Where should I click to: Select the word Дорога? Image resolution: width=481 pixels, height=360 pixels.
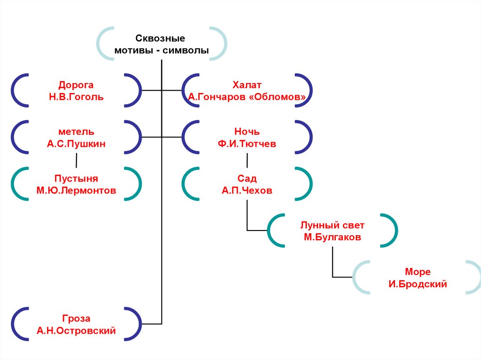pos(76,85)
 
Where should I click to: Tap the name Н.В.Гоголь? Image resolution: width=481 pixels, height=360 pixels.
pos(76,97)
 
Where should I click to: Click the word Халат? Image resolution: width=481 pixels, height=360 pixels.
pos(247,85)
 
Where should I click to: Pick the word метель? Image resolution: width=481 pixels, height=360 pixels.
pos(76,132)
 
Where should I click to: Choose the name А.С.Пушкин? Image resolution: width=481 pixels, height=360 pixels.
pos(76,144)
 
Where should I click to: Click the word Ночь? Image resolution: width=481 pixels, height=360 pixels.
pos(247,132)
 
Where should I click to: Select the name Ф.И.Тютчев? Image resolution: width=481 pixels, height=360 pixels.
pos(247,144)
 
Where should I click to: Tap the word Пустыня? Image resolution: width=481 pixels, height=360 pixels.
pos(76,179)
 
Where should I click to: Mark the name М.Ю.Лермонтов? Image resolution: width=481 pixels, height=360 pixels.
pos(76,191)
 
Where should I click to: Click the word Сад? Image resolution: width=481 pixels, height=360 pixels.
pos(247,179)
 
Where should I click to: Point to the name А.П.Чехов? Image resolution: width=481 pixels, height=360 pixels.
pos(247,191)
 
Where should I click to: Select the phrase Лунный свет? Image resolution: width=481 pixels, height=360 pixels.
pos(332,225)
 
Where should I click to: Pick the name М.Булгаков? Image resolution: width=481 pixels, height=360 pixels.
pos(332,237)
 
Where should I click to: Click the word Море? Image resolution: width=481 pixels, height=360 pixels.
pos(418,272)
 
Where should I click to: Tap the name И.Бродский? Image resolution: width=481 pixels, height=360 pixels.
pos(418,284)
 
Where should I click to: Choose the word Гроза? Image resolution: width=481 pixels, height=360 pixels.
pos(76,319)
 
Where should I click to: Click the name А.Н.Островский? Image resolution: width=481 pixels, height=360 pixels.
pos(76,331)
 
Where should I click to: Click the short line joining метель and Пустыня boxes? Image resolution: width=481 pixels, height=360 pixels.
pos(76,161)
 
